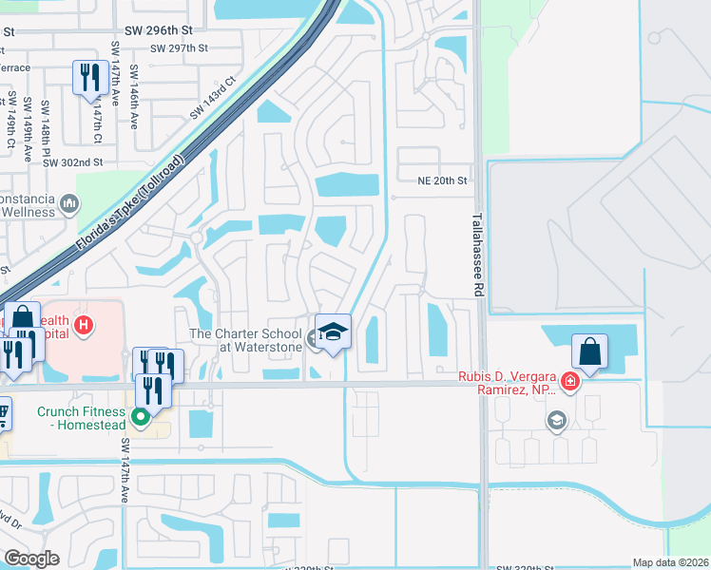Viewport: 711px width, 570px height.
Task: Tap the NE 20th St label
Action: pyautogui.click(x=443, y=180)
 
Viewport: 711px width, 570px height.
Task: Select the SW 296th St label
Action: pyautogui.click(x=172, y=30)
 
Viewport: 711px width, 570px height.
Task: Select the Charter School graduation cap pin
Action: pyautogui.click(x=333, y=332)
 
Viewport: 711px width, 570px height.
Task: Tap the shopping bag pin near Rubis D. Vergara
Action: pyautogui.click(x=590, y=351)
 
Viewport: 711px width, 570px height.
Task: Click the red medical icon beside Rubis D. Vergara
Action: pyautogui.click(x=570, y=382)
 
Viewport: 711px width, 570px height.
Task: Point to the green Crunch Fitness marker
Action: pyautogui.click(x=141, y=415)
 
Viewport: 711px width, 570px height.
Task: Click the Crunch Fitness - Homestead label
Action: pyautogui.click(x=82, y=418)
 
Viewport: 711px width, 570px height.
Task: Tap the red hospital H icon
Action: pyautogui.click(x=84, y=326)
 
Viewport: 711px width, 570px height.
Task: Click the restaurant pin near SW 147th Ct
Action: pyautogui.click(x=90, y=77)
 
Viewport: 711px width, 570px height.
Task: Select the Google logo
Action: pyautogui.click(x=31, y=559)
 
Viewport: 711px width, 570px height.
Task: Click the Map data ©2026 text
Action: pyautogui.click(x=669, y=562)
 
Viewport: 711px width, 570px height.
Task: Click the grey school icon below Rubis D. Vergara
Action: pyautogui.click(x=556, y=419)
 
